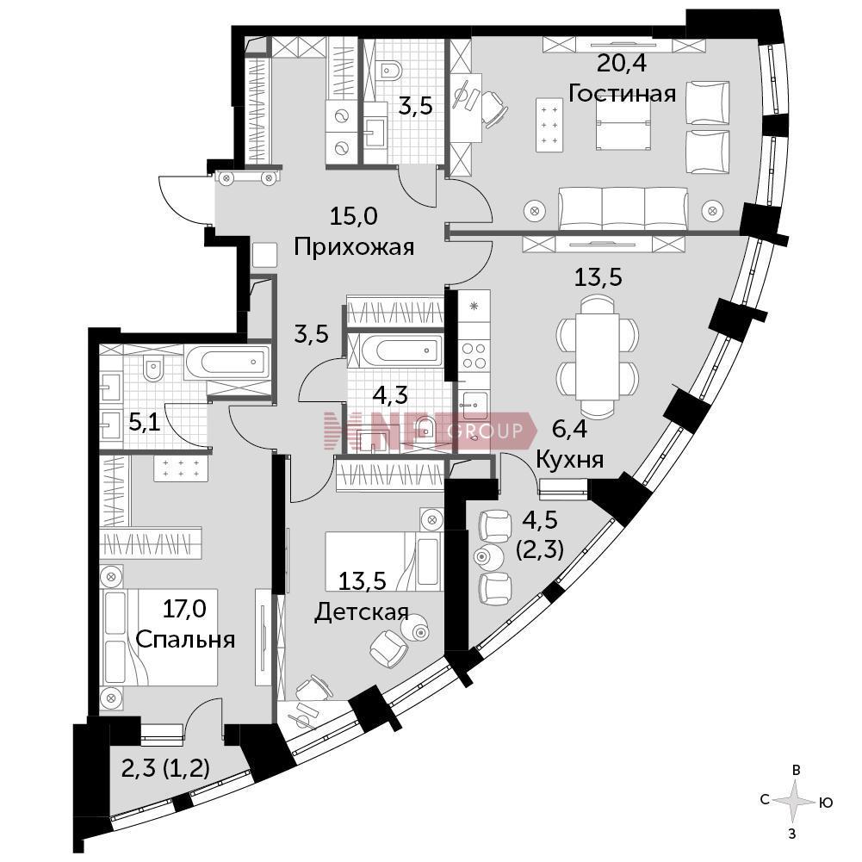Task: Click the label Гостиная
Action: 622,94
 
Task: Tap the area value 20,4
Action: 622,64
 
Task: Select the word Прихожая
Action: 353,247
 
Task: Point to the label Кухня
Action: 569,459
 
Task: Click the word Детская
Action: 362,611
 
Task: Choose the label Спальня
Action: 185,639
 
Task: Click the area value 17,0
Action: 184,609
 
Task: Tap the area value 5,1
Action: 144,424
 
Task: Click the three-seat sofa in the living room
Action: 623,209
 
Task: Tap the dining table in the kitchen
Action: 598,357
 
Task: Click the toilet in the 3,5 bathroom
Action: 390,68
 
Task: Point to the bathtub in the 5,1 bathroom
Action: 227,362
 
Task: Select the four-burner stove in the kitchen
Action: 474,355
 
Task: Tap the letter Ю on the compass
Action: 826,803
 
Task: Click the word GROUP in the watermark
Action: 485,431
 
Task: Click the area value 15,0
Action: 353,217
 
